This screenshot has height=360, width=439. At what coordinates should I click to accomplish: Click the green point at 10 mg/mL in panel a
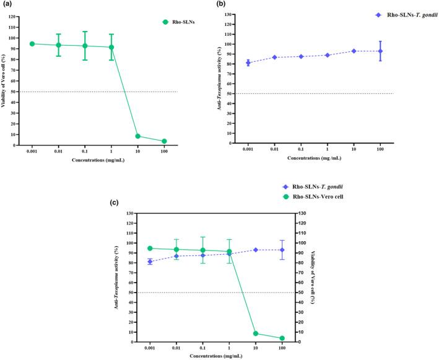point(137,136)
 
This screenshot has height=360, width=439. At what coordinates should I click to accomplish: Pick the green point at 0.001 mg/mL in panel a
point(32,44)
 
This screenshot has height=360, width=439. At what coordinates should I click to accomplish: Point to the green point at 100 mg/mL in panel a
point(164,142)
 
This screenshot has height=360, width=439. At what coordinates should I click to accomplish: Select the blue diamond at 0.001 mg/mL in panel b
point(248,62)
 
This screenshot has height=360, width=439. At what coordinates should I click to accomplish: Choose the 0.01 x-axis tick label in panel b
point(274,149)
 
